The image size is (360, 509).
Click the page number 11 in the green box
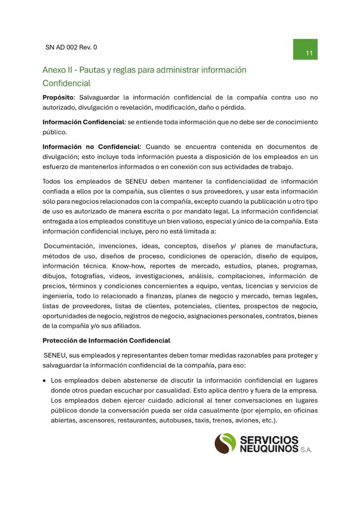coord(309,53)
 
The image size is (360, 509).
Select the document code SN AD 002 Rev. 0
coord(71,48)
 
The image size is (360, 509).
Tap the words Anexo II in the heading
coord(58,70)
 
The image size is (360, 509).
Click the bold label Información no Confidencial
coord(91,147)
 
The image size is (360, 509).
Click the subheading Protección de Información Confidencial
coord(106,340)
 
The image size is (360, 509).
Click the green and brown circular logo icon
coord(225,443)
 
